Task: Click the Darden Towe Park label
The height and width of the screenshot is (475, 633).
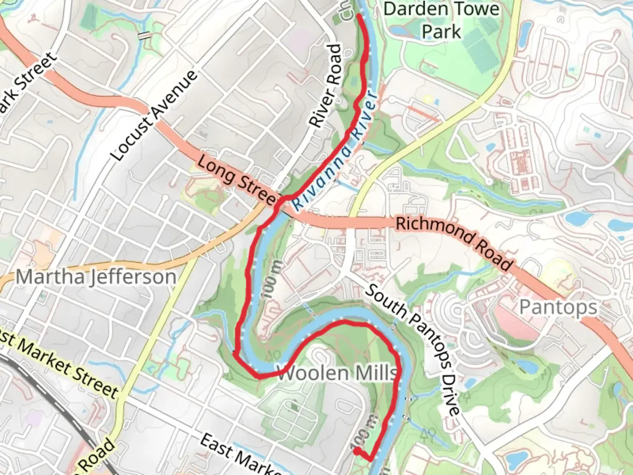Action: (441, 20)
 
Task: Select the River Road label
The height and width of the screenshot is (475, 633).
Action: (326, 86)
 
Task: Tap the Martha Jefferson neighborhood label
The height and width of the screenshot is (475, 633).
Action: (96, 277)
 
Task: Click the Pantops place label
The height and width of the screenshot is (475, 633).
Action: (558, 307)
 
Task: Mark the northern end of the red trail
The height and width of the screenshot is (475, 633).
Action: (359, 16)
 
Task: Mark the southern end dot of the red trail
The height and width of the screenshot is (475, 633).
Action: (357, 450)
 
